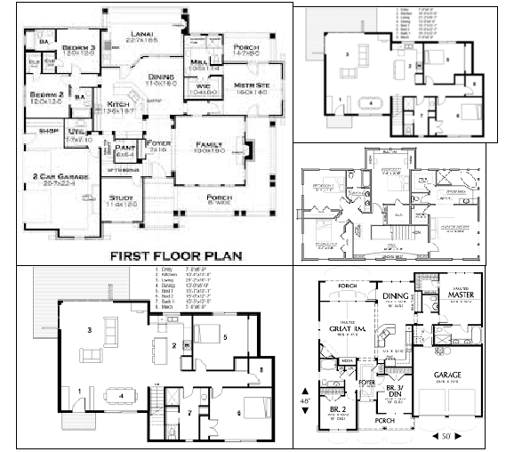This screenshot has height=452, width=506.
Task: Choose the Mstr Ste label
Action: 241,85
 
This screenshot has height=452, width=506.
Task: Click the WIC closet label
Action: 201,85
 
